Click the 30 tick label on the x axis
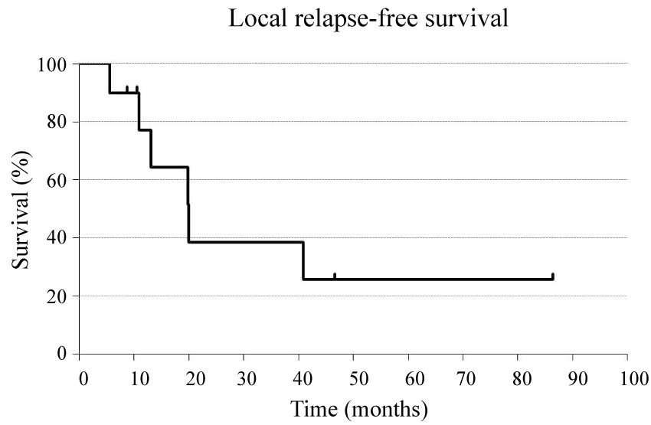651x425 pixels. pyautogui.click(x=243, y=378)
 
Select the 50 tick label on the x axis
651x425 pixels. pyautogui.click(x=353, y=378)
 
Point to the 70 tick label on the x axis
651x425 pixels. pyautogui.click(x=463, y=378)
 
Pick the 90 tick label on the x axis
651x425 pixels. pyautogui.click(x=572, y=378)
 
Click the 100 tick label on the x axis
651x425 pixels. pyautogui.click(x=626, y=378)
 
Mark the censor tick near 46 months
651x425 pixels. pyautogui.click(x=335, y=276)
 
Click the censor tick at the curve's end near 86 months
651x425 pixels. pyautogui.click(x=552, y=276)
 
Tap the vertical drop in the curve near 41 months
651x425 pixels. pyautogui.click(x=303, y=260)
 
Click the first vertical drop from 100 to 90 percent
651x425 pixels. pyautogui.click(x=110, y=78)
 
